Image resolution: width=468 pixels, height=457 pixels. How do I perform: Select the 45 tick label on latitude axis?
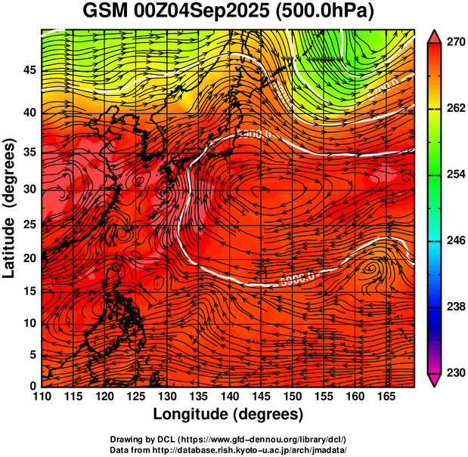29,69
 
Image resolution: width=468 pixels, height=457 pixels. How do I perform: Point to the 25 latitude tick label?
29,224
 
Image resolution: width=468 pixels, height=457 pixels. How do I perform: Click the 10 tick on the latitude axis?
29,323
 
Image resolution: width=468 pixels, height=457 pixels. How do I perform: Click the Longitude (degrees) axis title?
228,415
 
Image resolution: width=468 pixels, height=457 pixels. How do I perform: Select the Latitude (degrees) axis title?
10,208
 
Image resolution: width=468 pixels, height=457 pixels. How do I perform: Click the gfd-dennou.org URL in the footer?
266,440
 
